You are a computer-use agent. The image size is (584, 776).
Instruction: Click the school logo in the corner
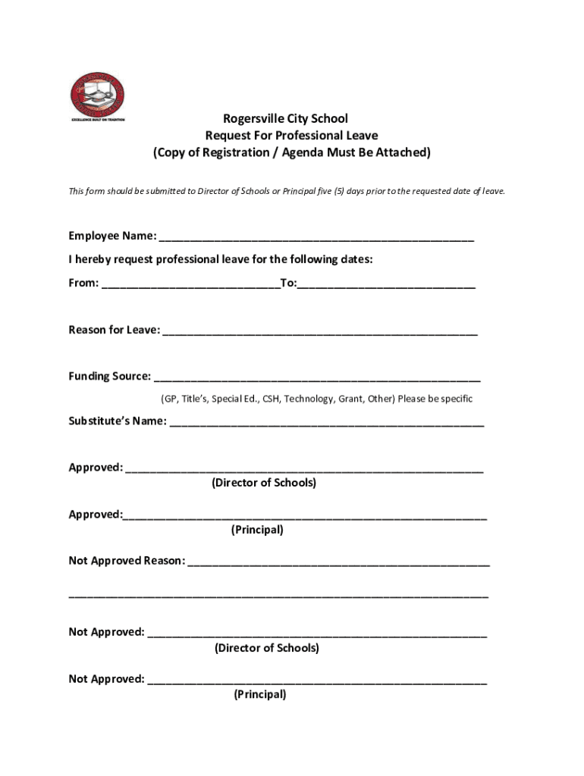[x=96, y=98]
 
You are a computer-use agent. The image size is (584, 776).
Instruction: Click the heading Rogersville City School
[x=285, y=119]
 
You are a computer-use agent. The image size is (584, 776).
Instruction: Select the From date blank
[x=190, y=283]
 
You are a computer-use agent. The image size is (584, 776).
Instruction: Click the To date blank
[x=387, y=283]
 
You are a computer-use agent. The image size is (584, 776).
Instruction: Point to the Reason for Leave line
[x=319, y=330]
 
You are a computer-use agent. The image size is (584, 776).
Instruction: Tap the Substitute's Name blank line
[x=326, y=421]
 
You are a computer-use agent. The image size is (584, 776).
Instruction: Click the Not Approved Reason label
[x=127, y=561]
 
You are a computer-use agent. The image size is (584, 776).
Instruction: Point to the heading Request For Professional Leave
[x=291, y=136]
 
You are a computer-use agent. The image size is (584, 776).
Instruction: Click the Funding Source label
[x=109, y=377]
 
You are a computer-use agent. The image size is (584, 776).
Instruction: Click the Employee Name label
[x=112, y=236]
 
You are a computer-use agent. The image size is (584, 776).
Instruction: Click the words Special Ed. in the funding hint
[x=236, y=399]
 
